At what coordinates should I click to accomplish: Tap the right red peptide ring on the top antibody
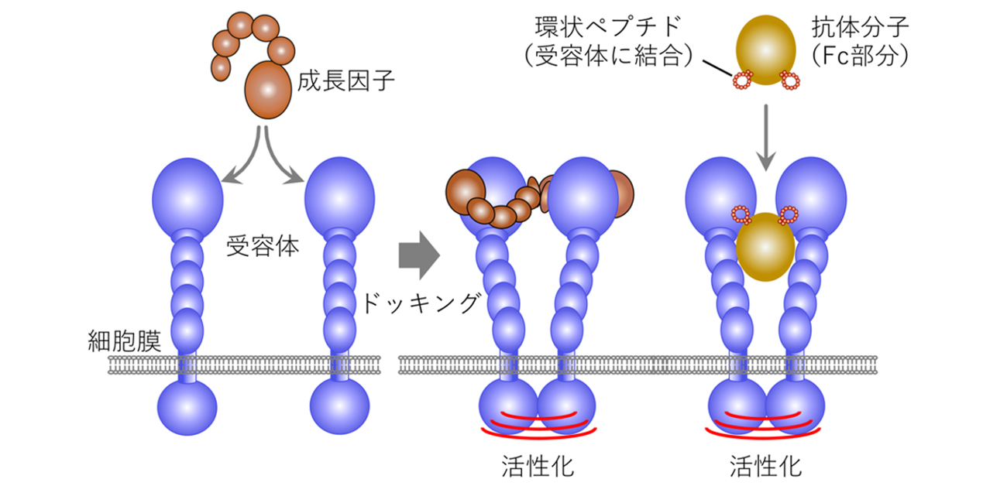(x=789, y=79)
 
